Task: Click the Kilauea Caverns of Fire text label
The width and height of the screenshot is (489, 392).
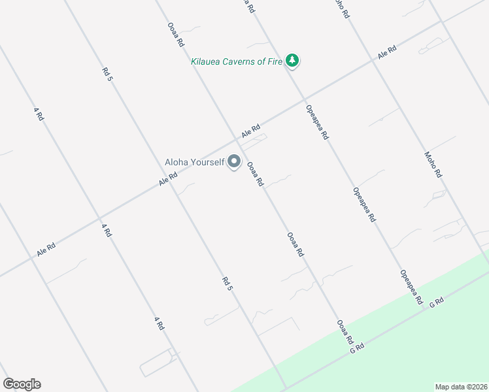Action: coord(236,62)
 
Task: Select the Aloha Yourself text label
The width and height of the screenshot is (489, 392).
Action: coord(194,161)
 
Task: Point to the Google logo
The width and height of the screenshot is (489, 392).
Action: coord(22,384)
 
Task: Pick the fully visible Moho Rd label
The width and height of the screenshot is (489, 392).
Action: coord(433,165)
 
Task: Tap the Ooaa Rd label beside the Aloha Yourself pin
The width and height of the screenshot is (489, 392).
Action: coord(254,174)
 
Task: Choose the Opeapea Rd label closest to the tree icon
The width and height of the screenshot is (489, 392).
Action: coord(316,122)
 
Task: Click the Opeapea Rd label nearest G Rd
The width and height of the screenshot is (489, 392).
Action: coord(411,287)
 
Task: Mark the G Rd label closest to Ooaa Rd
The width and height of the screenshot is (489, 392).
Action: coord(356,349)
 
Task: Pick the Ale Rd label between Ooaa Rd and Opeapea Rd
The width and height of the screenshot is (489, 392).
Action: coord(251,131)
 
